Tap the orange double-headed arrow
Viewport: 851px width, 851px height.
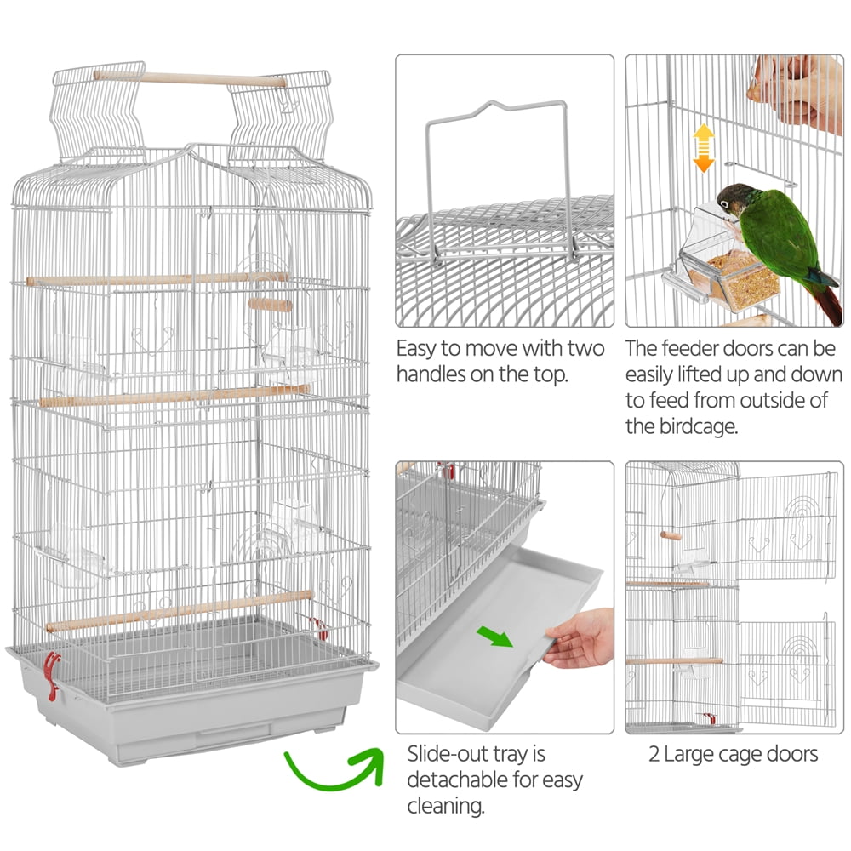704,147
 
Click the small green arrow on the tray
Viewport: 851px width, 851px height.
494,636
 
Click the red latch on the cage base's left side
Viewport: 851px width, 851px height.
52,675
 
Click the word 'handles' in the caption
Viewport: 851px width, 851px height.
431,374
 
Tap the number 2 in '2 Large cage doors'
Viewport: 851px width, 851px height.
654,754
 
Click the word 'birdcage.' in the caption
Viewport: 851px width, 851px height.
699,426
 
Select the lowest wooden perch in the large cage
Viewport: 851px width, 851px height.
179,611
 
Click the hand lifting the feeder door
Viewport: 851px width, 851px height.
796,92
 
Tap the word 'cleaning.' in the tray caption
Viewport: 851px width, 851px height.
446,806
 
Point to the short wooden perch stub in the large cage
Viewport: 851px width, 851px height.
271,305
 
